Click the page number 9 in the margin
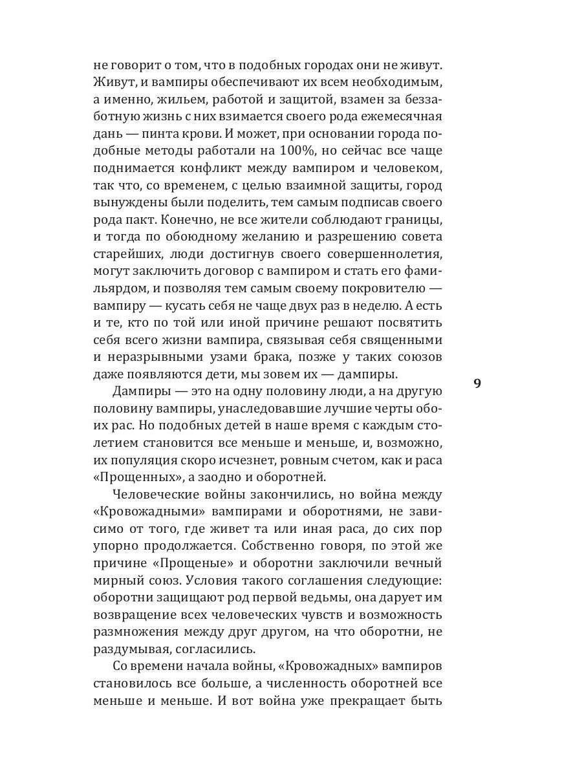pos(477,383)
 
